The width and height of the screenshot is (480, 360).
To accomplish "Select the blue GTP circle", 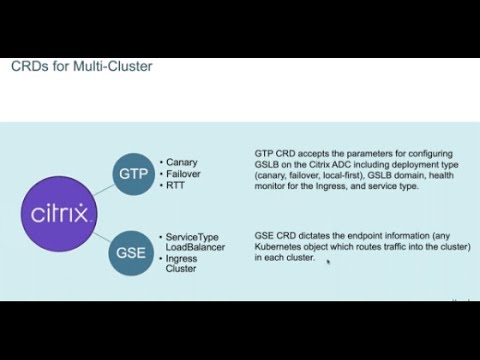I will [134, 172].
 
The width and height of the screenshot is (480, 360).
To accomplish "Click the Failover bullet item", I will [187, 172].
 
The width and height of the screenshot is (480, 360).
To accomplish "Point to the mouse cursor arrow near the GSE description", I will [327, 262].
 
